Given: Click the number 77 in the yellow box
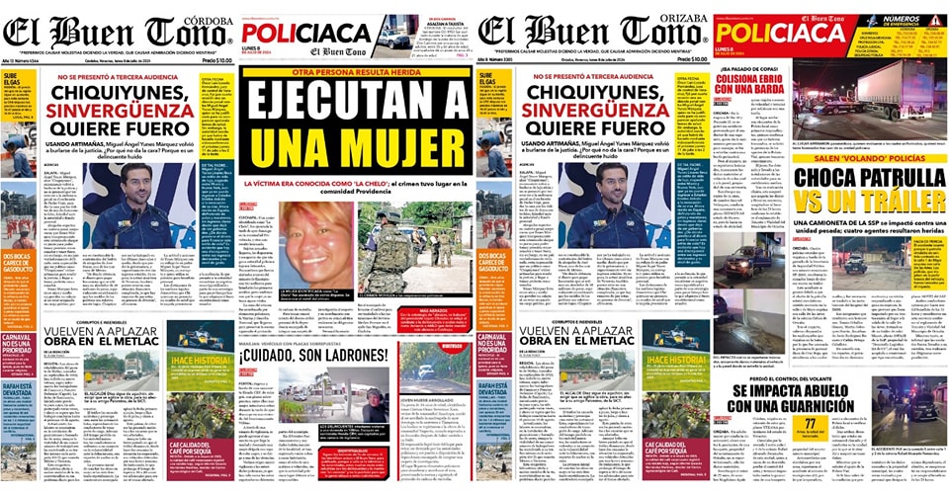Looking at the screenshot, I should [811, 426].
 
